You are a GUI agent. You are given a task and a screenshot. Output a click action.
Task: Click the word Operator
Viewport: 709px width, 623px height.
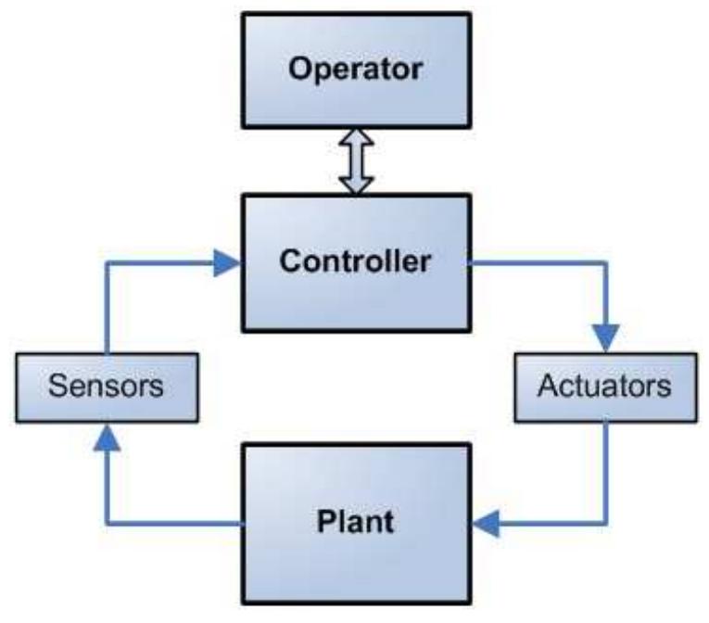355,70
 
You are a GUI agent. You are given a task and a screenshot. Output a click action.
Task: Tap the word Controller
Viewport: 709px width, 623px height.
355,261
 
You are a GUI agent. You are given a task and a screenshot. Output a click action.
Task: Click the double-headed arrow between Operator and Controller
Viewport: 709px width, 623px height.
356,162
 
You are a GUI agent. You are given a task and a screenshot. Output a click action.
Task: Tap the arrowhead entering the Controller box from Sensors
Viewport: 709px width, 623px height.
228,263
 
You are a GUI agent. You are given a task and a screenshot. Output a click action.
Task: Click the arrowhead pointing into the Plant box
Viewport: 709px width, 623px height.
483,526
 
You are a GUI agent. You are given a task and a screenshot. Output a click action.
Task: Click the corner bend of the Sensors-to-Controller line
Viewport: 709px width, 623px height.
107,263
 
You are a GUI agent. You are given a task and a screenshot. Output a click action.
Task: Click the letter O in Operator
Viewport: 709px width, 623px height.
297,70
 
